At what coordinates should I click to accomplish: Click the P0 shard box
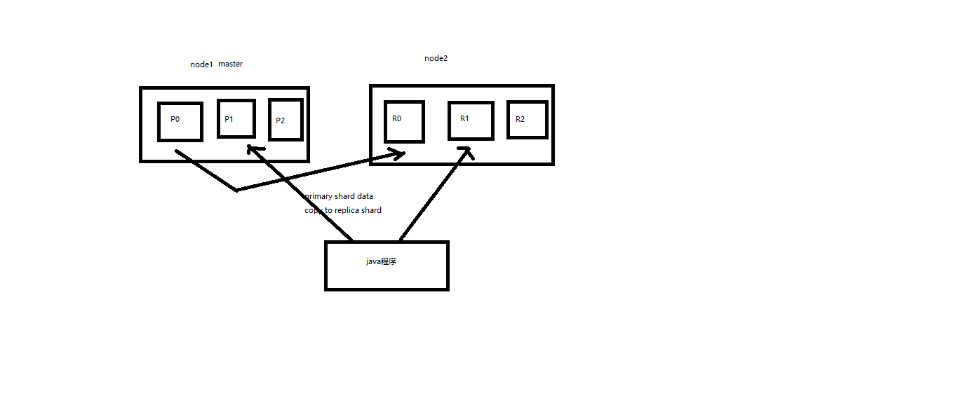point(180,122)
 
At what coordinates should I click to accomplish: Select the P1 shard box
point(236,118)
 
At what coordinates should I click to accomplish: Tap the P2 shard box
point(286,119)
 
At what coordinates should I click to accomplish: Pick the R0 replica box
point(404,121)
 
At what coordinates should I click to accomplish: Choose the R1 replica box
point(471,120)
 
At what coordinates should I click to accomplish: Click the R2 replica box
point(527,119)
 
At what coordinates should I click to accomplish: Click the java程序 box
point(387,266)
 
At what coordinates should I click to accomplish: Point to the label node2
point(436,58)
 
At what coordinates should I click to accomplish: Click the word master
point(230,64)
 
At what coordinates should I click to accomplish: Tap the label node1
point(201,64)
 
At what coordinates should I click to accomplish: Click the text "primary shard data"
point(340,196)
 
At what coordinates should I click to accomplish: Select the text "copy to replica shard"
point(344,210)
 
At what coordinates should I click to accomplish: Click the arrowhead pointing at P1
point(251,149)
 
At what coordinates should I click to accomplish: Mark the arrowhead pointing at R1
point(465,151)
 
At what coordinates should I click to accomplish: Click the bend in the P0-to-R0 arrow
point(236,190)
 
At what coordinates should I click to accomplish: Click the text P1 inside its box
point(229,118)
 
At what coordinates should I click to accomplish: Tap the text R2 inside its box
point(520,119)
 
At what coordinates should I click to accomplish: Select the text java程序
point(382,261)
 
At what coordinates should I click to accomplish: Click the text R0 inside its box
point(396,118)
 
